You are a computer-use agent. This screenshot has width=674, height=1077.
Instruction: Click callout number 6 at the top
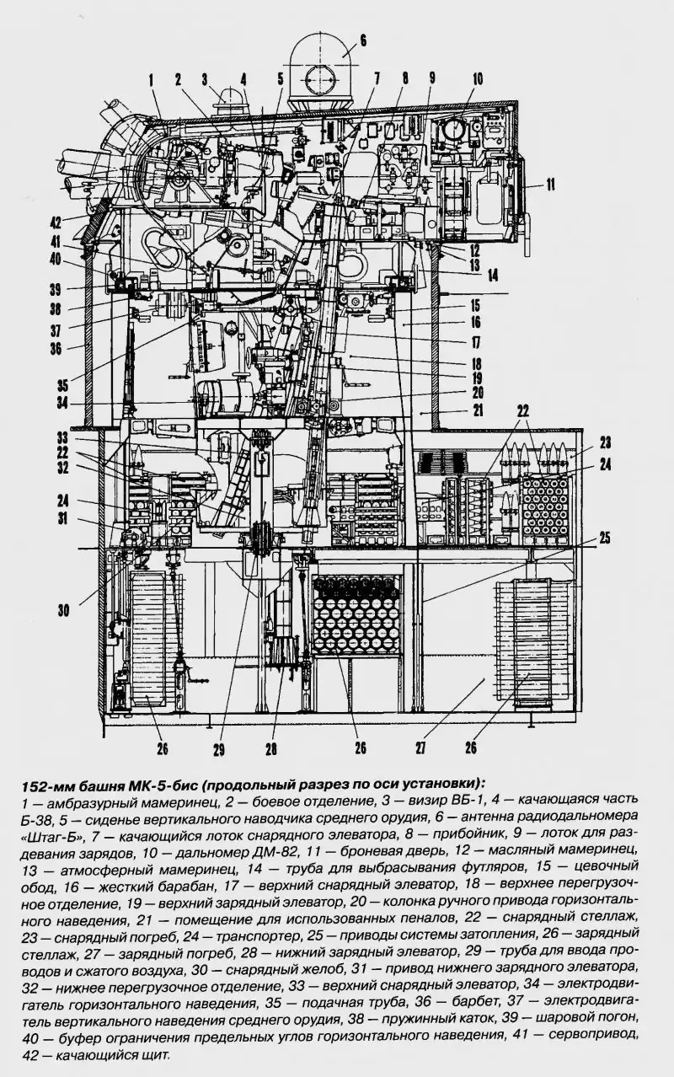363,39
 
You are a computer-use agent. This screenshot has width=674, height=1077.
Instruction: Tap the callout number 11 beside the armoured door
550,183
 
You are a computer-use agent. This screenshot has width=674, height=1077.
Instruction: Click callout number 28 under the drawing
270,747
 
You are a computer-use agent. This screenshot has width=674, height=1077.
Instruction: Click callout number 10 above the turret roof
478,80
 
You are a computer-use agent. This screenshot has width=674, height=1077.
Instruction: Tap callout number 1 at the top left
152,80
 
